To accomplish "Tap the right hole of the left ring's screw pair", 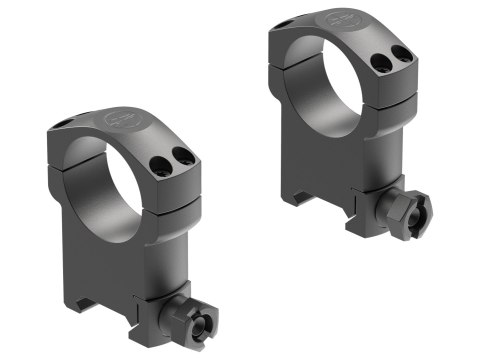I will pos(182,155).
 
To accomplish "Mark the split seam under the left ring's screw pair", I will pos(170,187).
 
